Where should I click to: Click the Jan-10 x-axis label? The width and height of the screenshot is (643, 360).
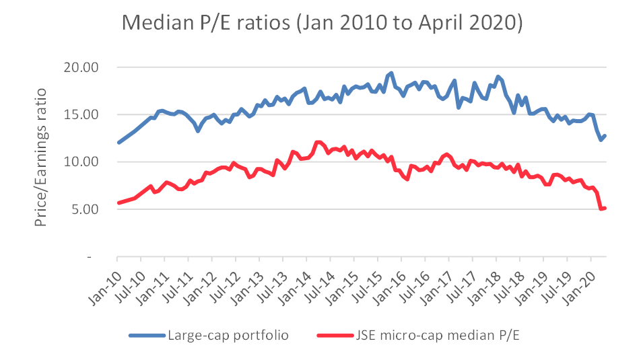pyautogui.click(x=104, y=282)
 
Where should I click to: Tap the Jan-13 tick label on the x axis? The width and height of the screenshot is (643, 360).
pyautogui.click(x=246, y=282)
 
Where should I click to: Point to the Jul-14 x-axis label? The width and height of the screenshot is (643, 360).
pyautogui.click(x=318, y=282)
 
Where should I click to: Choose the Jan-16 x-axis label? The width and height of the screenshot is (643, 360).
pyautogui.click(x=388, y=282)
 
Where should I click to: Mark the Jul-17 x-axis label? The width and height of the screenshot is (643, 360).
pyautogui.click(x=460, y=282)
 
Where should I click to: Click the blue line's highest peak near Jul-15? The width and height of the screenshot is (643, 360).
pyautogui.click(x=391, y=73)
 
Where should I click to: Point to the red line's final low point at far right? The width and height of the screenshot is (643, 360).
pyautogui.click(x=601, y=209)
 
